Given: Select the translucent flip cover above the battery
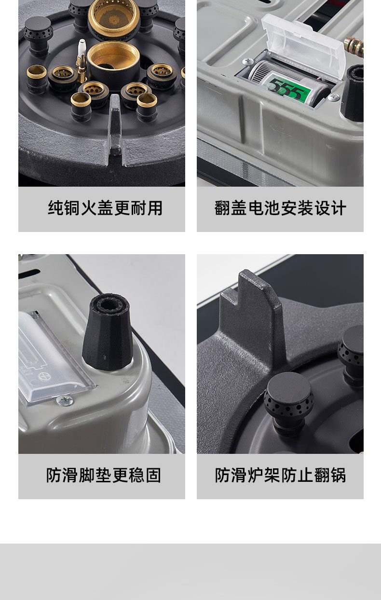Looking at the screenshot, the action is coord(304,45).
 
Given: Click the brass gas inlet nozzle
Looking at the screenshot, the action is coord(354,46).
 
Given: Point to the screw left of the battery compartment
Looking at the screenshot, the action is coord(248,62).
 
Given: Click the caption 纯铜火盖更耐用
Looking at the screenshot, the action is coord(105,208).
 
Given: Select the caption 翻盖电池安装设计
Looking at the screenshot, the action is coord(280,208).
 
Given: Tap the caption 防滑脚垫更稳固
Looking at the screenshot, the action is coord(104,476).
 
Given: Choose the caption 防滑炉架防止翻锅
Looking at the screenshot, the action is coord(280,476).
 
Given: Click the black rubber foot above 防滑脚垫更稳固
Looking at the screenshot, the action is coord(108,332).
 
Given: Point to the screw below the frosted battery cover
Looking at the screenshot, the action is coord(65,400).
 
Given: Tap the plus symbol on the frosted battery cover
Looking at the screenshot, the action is coord(44,376).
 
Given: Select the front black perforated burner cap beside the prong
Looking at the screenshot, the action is coord(288,399).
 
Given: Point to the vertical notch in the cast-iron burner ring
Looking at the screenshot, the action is coord(116,129).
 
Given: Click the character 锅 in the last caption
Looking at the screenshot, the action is coord(338,476).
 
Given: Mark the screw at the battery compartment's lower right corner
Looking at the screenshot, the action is coord(333,97).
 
